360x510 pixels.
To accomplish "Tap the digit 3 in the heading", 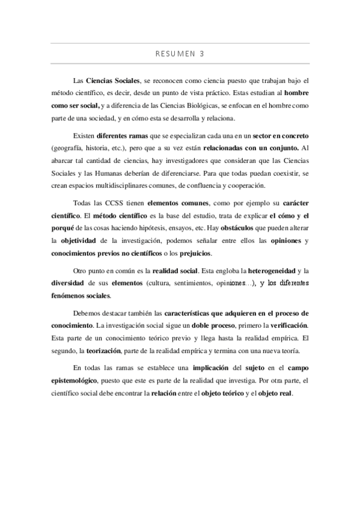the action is coord(202,53).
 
